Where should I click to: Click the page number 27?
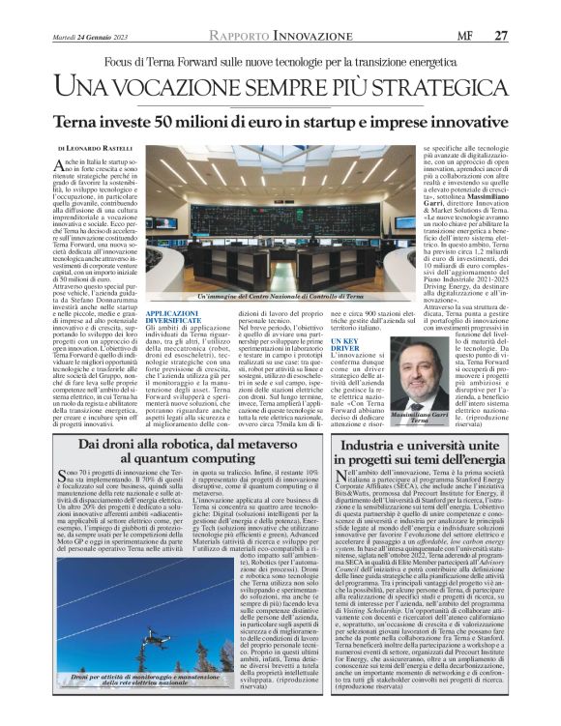(501, 35)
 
